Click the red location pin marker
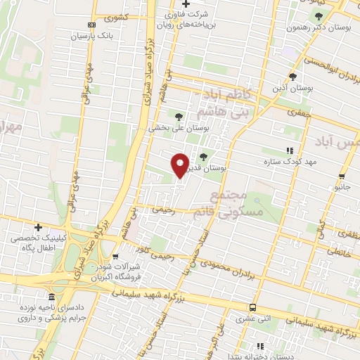[180, 165]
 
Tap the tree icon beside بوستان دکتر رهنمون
[319, 16]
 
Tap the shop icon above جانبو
[342, 176]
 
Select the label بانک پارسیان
[96, 34]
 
